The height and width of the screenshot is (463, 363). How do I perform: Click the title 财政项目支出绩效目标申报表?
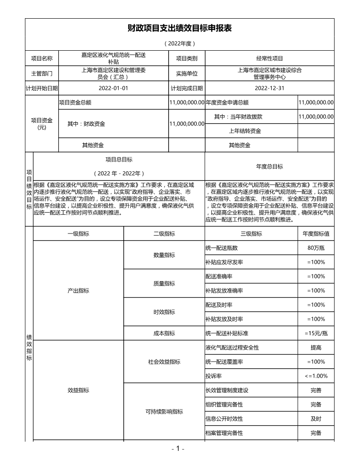(179, 28)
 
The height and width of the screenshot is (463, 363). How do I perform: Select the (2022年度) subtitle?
(179, 44)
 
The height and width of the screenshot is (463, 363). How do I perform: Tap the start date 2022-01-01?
(113, 88)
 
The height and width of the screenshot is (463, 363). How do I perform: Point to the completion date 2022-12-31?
(270, 88)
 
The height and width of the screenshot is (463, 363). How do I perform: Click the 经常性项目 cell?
(270, 58)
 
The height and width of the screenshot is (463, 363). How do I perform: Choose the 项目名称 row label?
(42, 58)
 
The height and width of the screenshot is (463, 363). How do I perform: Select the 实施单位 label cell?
(187, 73)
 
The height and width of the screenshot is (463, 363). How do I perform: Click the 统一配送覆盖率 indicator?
(224, 362)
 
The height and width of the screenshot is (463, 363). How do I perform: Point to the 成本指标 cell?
(164, 333)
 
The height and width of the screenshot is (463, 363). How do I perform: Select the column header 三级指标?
(251, 234)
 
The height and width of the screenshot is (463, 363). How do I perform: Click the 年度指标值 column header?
(316, 234)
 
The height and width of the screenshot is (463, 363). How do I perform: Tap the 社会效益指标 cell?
(164, 362)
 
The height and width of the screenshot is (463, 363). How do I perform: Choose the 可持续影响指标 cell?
(164, 411)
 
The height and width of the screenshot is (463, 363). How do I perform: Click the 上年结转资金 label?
(245, 131)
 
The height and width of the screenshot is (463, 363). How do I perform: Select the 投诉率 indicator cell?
(212, 376)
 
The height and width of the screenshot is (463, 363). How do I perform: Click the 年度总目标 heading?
(270, 166)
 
